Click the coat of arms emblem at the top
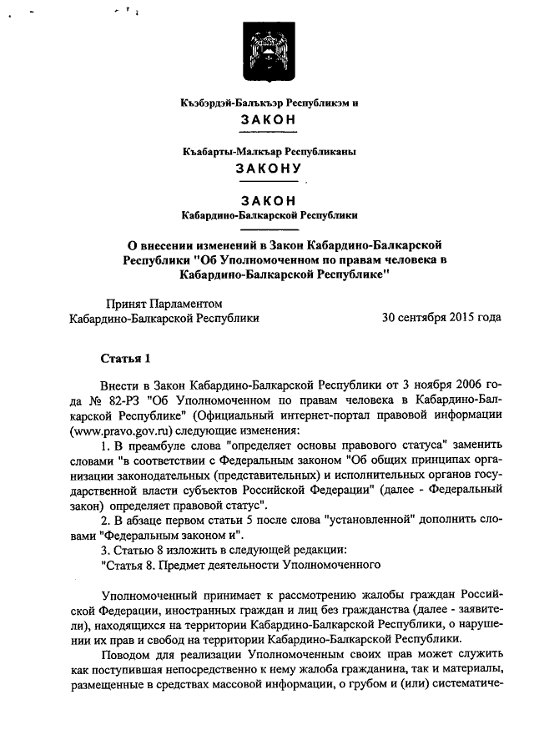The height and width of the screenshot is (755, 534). [267, 49]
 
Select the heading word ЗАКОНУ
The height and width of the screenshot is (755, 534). [267, 168]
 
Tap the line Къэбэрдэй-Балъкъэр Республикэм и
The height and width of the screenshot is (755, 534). [269, 103]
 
